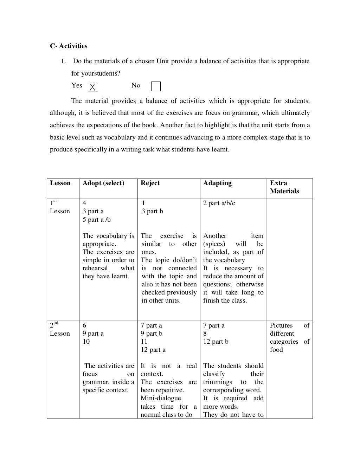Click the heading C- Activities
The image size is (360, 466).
pos(69,46)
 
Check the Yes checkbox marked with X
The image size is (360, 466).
pos(93,87)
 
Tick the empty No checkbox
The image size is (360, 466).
pos(155,86)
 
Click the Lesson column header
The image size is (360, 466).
pos(60,183)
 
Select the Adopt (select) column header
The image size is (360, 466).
pos(103,183)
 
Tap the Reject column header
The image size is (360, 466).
pos(150,183)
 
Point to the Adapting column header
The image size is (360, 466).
pos(217,183)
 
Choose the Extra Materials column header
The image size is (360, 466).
pos(284,187)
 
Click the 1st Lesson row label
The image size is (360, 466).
pos(59,207)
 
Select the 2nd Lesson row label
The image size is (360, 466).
pos(59,329)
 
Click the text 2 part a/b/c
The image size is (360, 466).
pos(219,203)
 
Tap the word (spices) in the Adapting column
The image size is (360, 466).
pos(214,244)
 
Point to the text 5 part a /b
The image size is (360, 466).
pos(97,220)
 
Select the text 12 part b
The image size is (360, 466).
pos(216,342)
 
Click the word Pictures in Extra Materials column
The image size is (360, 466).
pos(281,325)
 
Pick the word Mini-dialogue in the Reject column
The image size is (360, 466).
pos(161,398)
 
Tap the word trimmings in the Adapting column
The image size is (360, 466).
pos(218,382)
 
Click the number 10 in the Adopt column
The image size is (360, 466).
pos(86,342)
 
